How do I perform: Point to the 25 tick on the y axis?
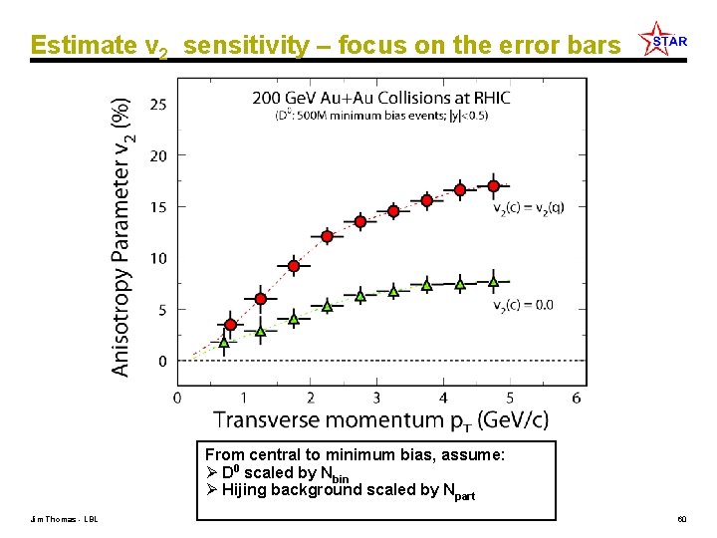158,104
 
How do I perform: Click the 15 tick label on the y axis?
158,207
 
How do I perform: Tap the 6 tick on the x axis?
577,398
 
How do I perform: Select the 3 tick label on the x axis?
376,398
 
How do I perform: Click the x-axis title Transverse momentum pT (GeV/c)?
380,420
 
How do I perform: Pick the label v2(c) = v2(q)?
529,208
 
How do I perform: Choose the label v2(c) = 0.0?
523,305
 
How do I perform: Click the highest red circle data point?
493,186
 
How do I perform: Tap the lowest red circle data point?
230,325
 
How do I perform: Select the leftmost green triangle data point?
224,343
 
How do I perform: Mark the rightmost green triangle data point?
493,282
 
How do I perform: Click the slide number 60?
682,520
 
